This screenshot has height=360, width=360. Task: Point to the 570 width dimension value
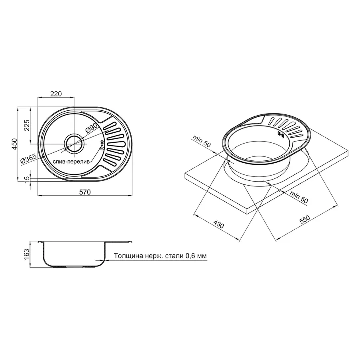[85, 192]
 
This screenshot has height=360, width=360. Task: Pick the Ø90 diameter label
[91, 129]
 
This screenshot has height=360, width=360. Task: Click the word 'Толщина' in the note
[127, 256]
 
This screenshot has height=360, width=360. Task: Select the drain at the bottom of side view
[73, 266]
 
